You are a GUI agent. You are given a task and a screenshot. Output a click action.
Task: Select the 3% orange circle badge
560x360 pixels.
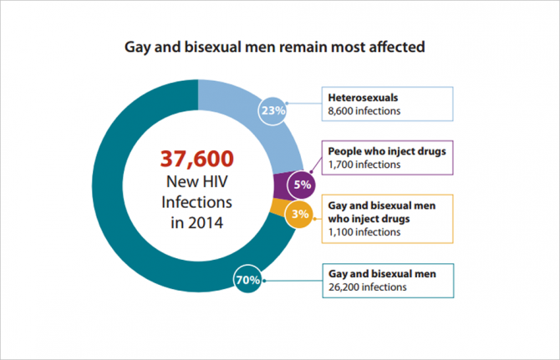[299, 214]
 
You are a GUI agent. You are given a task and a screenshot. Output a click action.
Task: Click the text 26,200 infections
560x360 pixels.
[369, 286]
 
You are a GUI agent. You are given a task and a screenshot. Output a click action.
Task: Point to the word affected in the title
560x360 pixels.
[399, 47]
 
